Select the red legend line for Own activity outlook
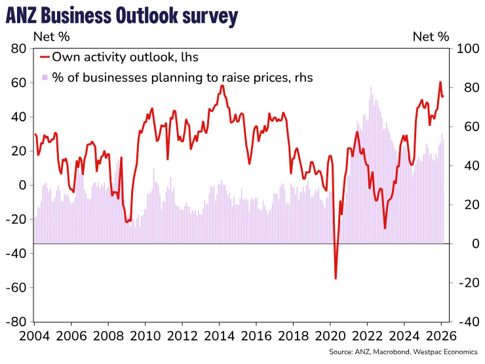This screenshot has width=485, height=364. (45, 57)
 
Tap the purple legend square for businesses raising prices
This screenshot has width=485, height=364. (45, 77)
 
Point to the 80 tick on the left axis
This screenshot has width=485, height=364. (18, 49)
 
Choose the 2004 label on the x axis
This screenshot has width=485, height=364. (35, 335)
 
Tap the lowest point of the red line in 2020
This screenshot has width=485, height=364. (336, 279)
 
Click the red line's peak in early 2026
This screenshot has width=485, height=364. (440, 82)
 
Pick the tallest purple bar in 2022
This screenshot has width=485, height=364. (371, 87)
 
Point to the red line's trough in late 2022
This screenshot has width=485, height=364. (385, 228)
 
